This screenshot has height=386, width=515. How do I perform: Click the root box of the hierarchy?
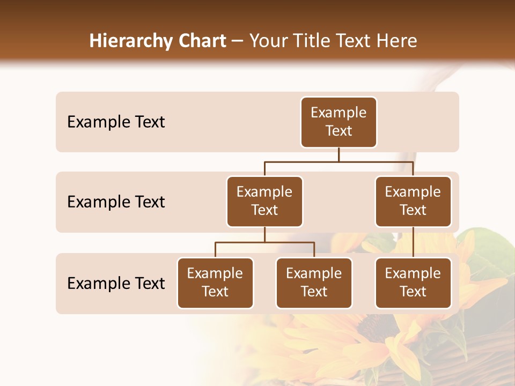pos(339,122)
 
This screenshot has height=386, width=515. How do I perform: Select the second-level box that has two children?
pos(264,202)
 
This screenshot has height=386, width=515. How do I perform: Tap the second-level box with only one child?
pos(413,202)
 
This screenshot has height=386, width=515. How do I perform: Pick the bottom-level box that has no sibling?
pos(413,283)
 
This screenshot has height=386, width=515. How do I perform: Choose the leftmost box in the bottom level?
pos(215,283)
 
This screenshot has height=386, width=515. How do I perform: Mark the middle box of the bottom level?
pos(314,283)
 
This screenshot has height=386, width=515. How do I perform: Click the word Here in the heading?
pos(398,41)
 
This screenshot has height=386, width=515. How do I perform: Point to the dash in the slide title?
pos(238,41)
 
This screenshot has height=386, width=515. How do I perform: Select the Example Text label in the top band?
pos(116,122)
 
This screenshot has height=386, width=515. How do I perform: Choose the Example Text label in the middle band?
pos(116,202)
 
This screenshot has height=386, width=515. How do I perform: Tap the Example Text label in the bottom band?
pos(116,284)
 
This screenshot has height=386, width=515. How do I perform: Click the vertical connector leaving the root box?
pos(339,154)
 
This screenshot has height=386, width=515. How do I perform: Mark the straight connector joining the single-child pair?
pos(413,242)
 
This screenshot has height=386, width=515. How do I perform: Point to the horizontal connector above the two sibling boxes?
pos(264,242)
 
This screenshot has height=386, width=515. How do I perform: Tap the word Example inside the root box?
pos(339,113)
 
